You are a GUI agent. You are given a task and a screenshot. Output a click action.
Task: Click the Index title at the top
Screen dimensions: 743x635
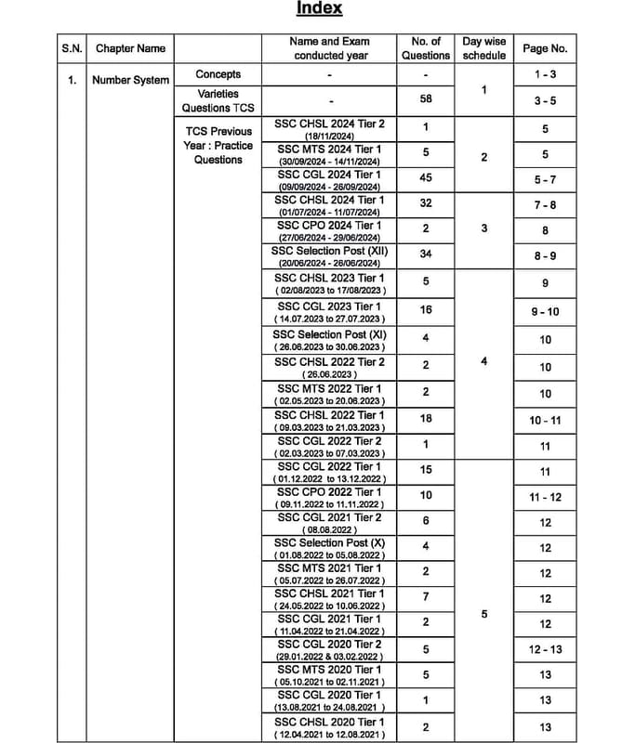319,8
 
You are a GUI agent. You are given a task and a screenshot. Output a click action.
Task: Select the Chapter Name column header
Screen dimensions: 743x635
130,48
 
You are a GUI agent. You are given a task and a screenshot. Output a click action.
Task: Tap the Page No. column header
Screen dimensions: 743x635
544,48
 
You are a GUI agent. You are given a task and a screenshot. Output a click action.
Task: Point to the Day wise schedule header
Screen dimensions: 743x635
484,48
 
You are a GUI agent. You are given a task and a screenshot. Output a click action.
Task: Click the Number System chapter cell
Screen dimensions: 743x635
130,80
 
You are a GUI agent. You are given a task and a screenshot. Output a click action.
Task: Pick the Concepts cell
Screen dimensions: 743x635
218,74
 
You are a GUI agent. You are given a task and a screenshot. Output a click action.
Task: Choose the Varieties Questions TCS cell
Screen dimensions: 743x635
218,100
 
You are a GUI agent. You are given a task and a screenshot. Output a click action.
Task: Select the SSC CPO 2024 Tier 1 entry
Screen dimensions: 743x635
329,230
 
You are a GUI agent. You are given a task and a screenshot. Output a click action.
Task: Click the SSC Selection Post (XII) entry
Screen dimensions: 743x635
329,256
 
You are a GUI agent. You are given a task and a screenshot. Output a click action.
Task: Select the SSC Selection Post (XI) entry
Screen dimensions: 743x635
329,340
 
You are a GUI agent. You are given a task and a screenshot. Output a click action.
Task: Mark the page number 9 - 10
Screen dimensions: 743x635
545,312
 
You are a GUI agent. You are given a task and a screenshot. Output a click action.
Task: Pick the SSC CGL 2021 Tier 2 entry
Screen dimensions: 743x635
329,523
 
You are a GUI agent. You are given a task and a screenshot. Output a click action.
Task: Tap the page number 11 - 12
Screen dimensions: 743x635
545,497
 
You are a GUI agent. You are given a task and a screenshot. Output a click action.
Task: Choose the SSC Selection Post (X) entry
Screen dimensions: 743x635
329,548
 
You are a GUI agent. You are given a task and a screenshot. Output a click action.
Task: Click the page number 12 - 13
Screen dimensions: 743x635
545,649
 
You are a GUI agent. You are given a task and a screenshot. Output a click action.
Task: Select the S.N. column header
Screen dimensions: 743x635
72,48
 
